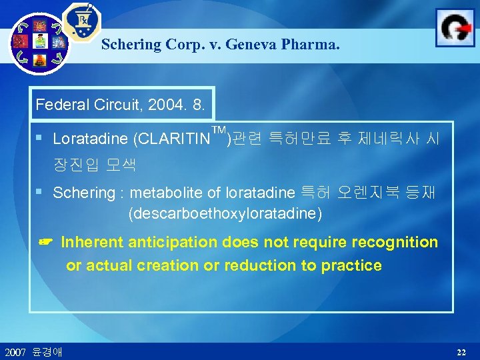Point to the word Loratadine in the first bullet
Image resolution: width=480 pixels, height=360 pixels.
(91, 139)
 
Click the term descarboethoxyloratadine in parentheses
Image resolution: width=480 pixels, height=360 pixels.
(225, 214)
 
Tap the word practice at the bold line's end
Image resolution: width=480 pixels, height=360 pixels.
(351, 265)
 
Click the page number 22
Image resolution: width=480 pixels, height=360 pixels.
(461, 351)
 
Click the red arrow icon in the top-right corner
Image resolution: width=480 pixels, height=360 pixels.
(455, 28)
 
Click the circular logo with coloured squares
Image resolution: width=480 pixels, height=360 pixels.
(40, 43)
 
